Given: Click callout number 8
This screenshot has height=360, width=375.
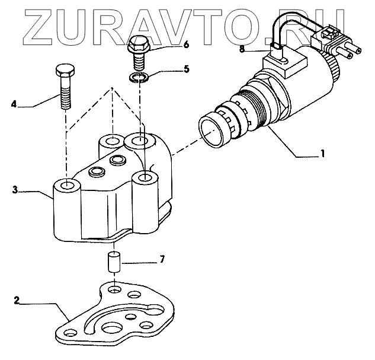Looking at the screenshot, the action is (242, 49).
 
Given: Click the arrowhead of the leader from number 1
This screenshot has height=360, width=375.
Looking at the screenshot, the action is (270, 126).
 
